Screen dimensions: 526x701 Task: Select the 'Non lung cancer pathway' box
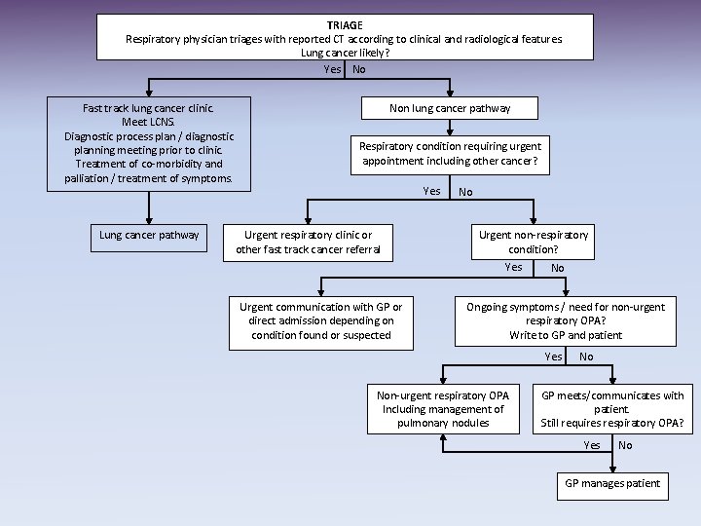click(449, 108)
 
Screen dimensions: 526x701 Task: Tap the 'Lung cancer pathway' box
click(149, 235)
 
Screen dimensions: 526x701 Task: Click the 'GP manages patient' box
click(612, 484)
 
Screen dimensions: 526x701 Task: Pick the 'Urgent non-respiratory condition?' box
click(534, 242)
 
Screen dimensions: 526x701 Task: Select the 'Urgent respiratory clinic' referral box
click(308, 243)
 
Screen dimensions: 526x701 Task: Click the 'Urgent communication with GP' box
click(320, 321)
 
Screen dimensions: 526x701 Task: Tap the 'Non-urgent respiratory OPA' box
click(443, 409)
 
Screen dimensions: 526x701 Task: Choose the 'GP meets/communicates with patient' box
click(612, 409)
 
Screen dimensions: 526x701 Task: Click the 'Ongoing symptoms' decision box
click(566, 321)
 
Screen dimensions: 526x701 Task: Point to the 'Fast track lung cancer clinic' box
click(149, 143)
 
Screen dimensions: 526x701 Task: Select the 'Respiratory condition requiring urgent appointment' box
click(449, 154)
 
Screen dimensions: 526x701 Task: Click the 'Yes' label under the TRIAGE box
click(333, 69)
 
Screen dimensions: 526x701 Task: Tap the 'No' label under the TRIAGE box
click(359, 69)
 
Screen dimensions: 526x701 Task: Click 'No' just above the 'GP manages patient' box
click(625, 445)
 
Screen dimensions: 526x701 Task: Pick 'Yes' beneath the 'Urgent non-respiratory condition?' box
click(513, 267)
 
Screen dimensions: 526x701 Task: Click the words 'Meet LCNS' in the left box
click(149, 123)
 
